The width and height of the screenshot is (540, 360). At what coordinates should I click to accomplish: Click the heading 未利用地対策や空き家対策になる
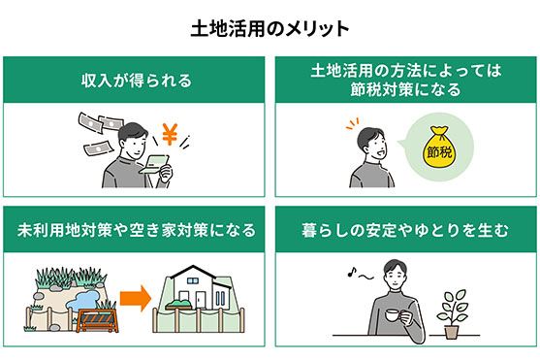tap(136, 231)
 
